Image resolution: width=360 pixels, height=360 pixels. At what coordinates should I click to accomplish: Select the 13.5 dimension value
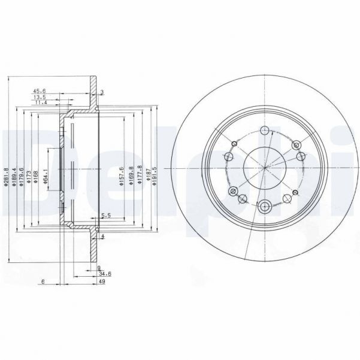pyautogui.click(x=39, y=98)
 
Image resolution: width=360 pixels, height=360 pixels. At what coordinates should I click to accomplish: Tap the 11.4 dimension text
pyautogui.click(x=39, y=103)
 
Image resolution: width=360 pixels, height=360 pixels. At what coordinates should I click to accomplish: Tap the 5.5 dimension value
pyautogui.click(x=105, y=215)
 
